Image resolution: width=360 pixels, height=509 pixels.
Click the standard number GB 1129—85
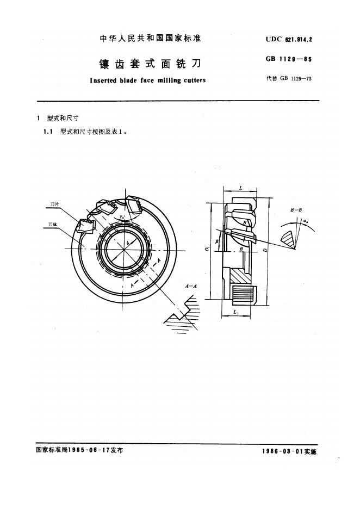(289, 59)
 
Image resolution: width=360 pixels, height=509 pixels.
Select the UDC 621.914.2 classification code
(289, 39)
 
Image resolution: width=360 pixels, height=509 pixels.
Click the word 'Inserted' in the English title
(104, 80)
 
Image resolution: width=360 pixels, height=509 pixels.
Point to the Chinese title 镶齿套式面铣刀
(150, 63)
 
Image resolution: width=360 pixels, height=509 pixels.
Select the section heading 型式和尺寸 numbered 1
(63, 118)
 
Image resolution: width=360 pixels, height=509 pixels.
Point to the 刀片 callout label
(55, 204)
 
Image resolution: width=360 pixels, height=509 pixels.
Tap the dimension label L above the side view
(240, 188)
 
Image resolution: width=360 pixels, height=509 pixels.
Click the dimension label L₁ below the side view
(236, 312)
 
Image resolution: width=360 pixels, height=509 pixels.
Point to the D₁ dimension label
(207, 250)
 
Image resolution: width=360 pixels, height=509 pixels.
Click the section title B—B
(296, 210)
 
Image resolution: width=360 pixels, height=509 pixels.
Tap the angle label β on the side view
(217, 241)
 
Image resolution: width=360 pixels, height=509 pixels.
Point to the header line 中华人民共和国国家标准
(150, 39)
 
